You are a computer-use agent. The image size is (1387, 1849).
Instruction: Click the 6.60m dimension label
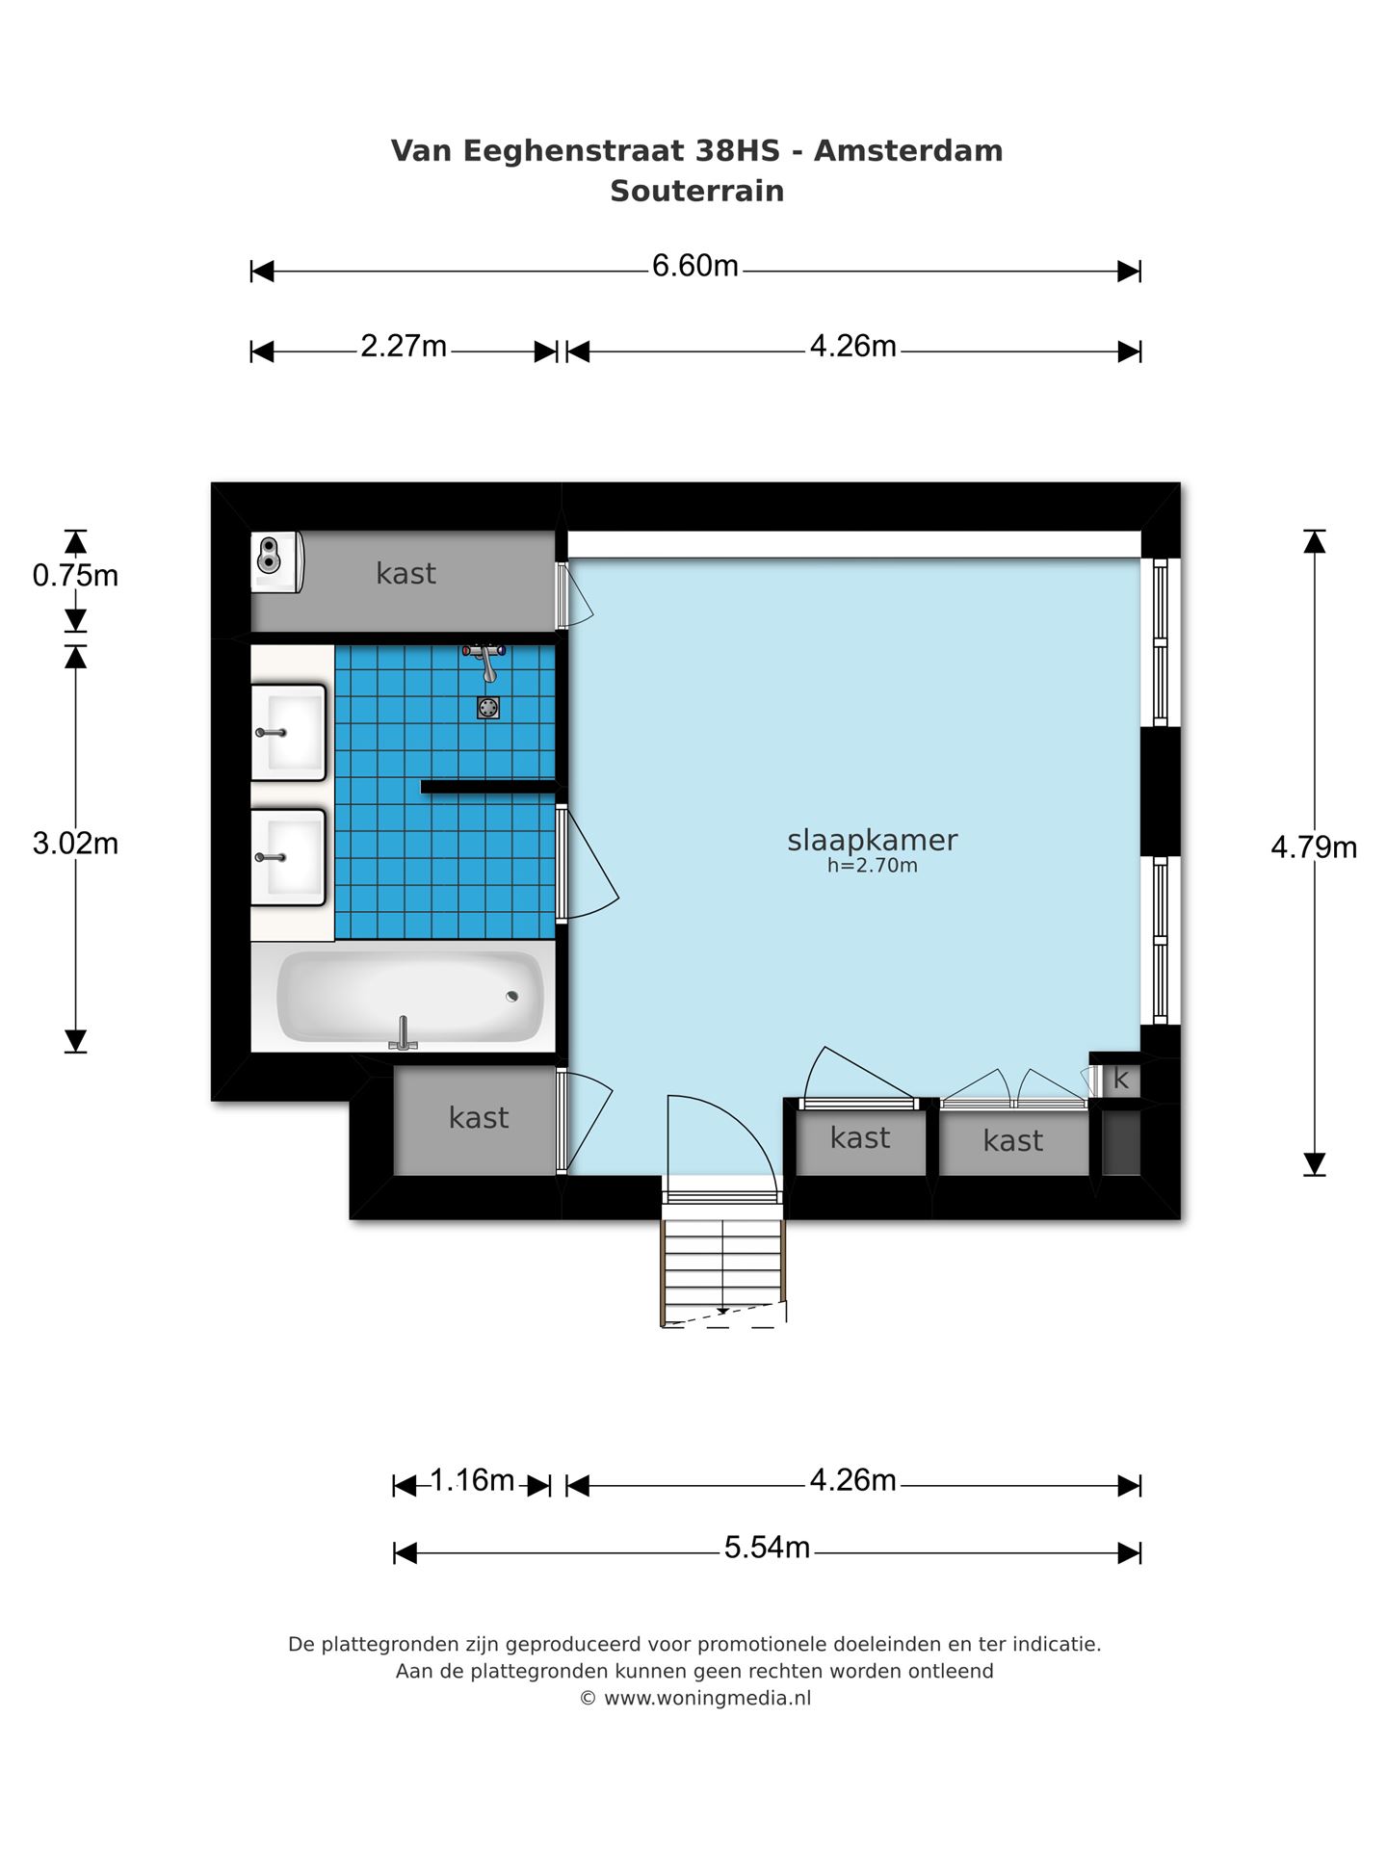pos(694,266)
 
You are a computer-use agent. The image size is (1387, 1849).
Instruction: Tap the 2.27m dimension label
pos(404,346)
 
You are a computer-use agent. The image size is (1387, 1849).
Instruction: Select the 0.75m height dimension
pos(75,576)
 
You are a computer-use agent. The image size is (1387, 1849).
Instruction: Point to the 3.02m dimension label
pos(75,844)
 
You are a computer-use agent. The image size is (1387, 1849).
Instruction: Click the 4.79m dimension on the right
pos(1314,847)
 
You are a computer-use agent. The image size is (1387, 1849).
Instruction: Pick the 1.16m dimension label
pos(472,1480)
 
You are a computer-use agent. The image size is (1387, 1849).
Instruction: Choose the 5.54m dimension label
pos(767,1548)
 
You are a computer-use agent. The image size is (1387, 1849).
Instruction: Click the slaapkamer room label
pos(873,840)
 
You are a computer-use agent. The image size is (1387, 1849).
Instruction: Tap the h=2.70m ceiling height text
pos(873,866)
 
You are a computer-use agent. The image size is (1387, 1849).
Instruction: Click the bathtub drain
pos(511,996)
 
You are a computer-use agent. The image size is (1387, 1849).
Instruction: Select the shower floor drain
pos(488,709)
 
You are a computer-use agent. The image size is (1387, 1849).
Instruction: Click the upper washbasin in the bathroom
pos(288,732)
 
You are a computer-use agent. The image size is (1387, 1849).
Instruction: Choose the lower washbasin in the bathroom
pos(288,857)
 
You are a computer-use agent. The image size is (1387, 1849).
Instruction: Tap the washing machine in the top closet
pos(276,561)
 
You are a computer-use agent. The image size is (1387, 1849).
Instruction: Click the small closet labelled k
pos(1120,1080)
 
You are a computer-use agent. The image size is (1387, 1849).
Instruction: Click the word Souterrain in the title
pos(697,191)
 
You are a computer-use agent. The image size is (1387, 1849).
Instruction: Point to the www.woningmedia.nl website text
pos(707,1698)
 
